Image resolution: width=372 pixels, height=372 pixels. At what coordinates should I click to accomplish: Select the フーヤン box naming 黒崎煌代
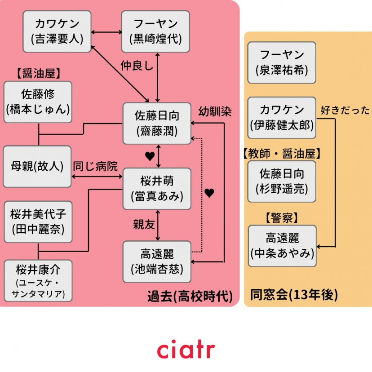coord(155,31)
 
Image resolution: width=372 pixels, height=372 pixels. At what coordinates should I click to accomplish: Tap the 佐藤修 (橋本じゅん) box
coord(38,102)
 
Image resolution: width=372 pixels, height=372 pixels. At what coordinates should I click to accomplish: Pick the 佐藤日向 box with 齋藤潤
coord(157,124)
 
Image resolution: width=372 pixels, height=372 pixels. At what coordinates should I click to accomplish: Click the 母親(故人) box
coord(37,166)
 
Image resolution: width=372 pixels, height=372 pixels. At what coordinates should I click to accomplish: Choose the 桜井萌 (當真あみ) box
coord(157,189)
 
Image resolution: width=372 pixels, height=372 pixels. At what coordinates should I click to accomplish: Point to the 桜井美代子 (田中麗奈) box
coord(38,222)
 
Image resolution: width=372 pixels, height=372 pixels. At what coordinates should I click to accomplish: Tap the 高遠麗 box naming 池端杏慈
coord(157,261)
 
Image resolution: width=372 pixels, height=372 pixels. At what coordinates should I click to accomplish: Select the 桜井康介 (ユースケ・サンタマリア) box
coord(38,281)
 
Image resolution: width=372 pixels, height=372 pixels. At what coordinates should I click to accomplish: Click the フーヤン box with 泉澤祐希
coord(282,62)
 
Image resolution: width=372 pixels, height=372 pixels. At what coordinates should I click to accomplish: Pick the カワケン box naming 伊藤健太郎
coord(282,117)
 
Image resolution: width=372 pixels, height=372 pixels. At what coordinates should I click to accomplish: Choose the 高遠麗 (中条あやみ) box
coord(282,246)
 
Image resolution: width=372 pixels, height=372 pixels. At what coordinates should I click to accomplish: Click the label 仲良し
coord(137,66)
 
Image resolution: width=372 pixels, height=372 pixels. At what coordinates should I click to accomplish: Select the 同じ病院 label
coord(96,167)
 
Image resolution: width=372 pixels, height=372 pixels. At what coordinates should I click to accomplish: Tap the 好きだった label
coord(345,110)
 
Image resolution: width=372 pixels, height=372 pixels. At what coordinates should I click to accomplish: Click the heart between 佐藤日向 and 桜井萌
coord(150,156)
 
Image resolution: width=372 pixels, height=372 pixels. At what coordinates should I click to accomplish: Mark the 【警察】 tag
coord(282,218)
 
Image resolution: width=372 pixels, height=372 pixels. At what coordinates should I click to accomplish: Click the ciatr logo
coord(186,350)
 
